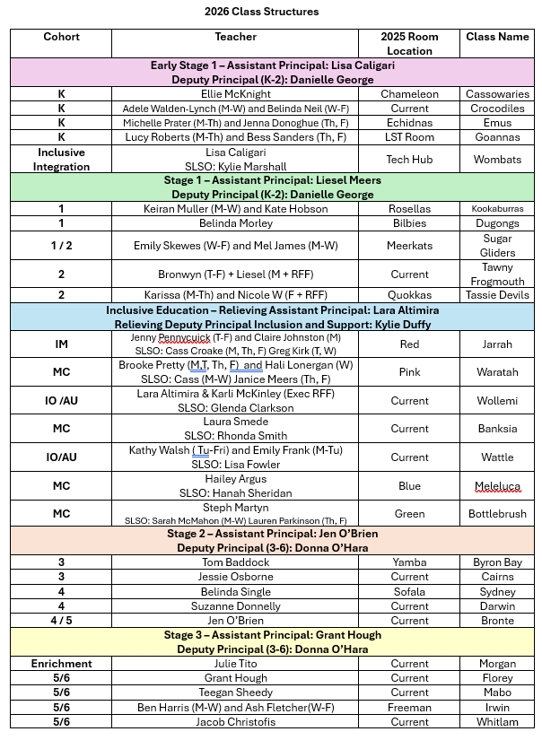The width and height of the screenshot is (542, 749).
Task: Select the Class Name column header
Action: click(496, 37)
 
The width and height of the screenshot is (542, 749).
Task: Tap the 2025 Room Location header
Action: click(409, 44)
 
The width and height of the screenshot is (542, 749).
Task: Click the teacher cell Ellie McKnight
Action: click(235, 94)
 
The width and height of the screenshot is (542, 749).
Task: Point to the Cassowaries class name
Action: click(496, 94)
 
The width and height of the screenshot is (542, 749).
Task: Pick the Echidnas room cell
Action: click(409, 123)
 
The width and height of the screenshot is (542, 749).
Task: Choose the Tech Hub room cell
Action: click(409, 159)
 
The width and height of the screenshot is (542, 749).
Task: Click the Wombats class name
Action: click(496, 159)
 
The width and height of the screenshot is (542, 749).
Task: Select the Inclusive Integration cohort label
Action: click(61, 159)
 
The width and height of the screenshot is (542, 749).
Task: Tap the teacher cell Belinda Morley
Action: click(235, 223)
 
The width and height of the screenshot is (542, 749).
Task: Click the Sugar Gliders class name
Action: click(496, 246)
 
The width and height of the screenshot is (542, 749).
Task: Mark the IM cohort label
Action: click(61, 344)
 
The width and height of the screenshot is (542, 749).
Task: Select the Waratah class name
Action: click(496, 372)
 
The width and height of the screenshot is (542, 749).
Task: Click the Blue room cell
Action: click(409, 486)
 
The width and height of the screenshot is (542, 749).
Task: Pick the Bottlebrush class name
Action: click(496, 515)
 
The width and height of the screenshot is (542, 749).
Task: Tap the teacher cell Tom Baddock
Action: click(235, 562)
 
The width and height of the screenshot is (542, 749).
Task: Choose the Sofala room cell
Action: click(409, 591)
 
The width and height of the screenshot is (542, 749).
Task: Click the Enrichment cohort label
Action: click(61, 664)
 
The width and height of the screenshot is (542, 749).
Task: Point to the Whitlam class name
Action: click(496, 721)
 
